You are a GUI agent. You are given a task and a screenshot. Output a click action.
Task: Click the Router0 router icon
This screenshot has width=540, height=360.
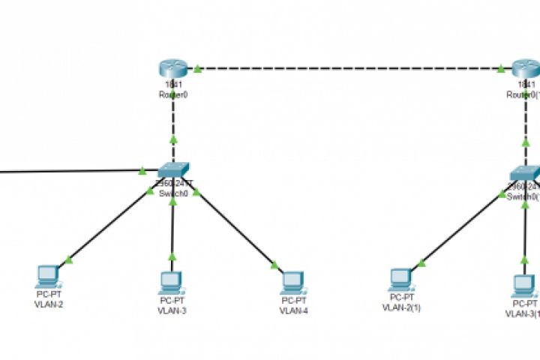point(173,69)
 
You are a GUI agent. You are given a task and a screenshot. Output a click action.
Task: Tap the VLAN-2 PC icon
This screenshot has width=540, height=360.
point(48,276)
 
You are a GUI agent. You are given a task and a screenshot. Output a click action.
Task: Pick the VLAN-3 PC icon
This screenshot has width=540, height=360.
point(172,281)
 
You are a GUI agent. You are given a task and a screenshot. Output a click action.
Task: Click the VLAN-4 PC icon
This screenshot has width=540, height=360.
point(292,281)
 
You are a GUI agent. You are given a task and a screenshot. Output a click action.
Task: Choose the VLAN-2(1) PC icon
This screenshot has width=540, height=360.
point(400,278)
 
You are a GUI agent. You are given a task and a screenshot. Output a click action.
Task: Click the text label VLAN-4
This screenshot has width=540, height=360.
point(293,310)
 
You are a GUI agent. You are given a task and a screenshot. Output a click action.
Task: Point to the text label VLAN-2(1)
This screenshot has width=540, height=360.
point(401,307)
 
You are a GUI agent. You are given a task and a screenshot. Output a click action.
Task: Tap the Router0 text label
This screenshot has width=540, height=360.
point(172,94)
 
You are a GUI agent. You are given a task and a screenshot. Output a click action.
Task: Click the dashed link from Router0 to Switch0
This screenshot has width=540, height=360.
point(173,120)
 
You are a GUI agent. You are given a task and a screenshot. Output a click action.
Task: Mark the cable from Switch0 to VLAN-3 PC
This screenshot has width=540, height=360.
point(172,225)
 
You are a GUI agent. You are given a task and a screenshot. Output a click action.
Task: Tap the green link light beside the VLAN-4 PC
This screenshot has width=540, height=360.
point(274,264)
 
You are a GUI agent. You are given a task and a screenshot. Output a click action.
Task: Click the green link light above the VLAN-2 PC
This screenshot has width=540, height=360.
point(69,260)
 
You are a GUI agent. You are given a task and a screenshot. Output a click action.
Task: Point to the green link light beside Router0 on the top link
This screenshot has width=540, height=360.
point(197,69)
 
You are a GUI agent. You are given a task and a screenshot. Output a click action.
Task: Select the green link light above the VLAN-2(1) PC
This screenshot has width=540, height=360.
point(422,262)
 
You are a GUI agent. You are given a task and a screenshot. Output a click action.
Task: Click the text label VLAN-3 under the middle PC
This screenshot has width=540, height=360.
point(172,310)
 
